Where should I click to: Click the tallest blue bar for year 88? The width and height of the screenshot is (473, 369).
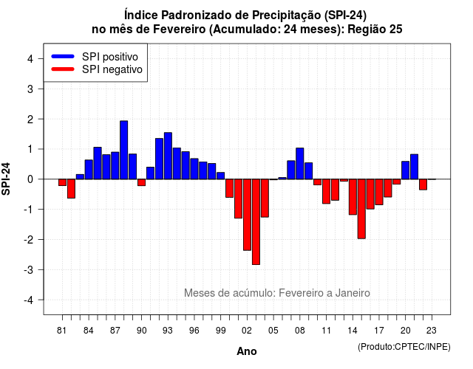[x=123, y=150]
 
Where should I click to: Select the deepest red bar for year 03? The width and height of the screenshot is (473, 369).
[x=256, y=222]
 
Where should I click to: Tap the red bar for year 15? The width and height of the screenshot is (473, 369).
[x=361, y=209]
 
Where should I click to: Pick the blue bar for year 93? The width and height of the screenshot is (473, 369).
[x=168, y=156]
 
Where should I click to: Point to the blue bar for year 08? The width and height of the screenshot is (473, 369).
[x=300, y=164]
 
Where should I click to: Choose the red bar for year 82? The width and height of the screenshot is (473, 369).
[x=71, y=189]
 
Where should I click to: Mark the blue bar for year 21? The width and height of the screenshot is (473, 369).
[x=414, y=167]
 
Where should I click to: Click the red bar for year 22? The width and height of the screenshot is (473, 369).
[x=423, y=184]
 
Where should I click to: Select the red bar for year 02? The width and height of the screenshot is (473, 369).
[x=247, y=215]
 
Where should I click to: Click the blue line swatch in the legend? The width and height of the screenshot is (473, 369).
[x=63, y=56]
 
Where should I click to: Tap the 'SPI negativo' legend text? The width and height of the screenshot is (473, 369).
[x=112, y=69]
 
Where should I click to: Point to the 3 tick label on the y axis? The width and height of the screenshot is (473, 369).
[x=30, y=89]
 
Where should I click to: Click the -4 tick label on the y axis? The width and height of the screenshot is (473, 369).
[x=29, y=300]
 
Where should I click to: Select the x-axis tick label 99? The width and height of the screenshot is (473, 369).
[x=221, y=331]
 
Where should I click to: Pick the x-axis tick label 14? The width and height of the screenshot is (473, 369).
[x=352, y=331]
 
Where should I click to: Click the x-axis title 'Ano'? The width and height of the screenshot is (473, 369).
[x=247, y=351]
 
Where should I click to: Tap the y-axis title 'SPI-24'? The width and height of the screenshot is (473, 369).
[x=6, y=179]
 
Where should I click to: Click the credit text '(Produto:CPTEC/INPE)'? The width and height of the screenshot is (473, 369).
[x=404, y=347]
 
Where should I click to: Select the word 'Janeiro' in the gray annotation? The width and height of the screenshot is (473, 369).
[x=353, y=293]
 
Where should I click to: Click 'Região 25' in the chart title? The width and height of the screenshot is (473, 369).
[x=375, y=30]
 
